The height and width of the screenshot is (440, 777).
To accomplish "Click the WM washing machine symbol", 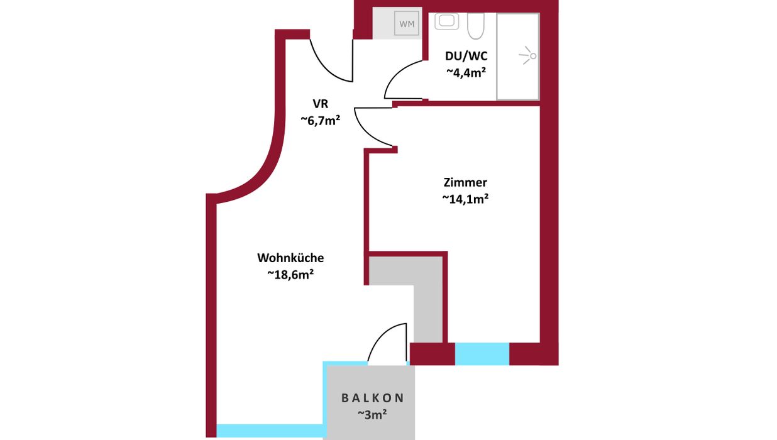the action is (407, 23).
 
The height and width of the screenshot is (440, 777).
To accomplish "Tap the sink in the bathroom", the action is (447, 21).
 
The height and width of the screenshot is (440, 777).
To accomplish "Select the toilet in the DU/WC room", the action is (475, 26).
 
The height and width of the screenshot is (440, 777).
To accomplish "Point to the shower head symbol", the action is (528, 55).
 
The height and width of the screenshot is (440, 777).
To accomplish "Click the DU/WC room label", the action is (466, 56).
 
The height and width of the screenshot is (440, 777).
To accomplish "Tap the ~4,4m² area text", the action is (466, 72).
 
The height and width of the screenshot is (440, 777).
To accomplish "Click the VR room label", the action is (320, 104).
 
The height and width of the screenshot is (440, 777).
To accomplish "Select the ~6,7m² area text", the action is (320, 120).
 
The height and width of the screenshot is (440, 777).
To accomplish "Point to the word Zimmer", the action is (465, 182).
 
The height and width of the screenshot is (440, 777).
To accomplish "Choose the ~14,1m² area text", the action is (465, 199).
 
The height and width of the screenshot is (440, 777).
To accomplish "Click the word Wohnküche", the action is (290, 258).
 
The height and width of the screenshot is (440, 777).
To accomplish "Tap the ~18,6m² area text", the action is (290, 275).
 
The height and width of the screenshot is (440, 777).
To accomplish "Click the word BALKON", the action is (373, 398).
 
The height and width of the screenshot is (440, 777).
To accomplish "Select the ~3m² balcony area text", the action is (373, 414).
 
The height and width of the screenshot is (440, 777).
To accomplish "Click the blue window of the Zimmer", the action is (482, 354).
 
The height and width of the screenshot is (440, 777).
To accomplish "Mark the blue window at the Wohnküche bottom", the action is (271, 431).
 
